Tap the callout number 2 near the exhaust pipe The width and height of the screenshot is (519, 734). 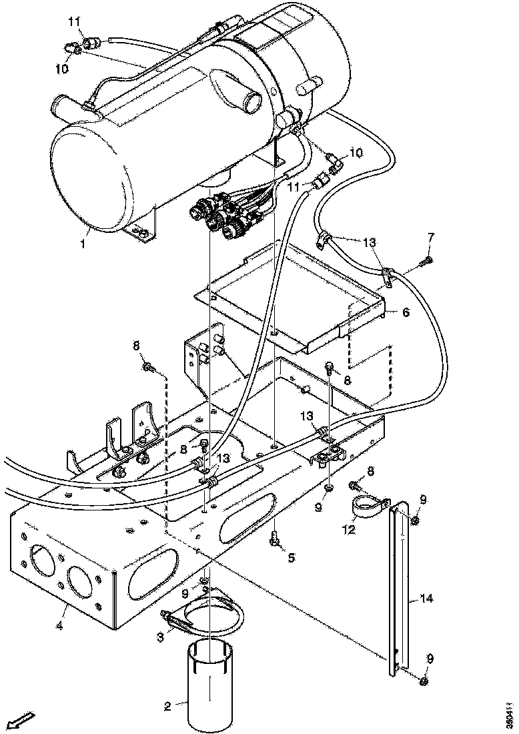click(167, 705)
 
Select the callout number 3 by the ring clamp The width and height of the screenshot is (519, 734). click(160, 638)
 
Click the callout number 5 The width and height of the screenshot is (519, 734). click(292, 557)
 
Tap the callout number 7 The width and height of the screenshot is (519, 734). click(430, 237)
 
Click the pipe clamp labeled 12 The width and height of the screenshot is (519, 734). click(369, 504)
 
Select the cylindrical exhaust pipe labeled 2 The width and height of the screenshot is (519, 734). click(209, 684)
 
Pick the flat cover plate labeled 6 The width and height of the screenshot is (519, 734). click(294, 300)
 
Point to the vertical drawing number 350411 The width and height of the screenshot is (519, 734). click(510, 711)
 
